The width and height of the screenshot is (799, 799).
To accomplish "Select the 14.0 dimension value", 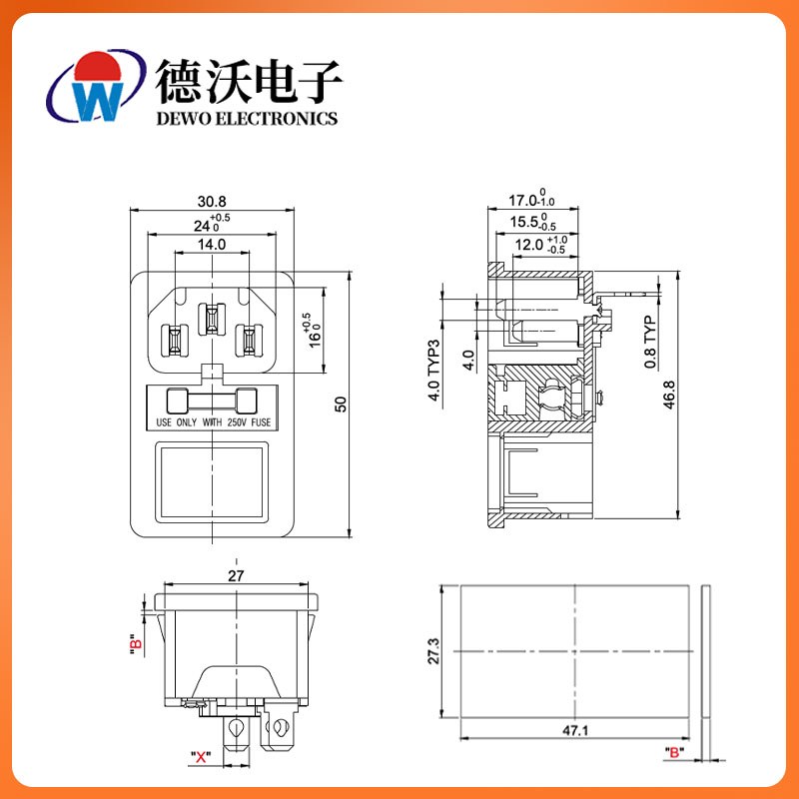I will pyautogui.click(x=211, y=244).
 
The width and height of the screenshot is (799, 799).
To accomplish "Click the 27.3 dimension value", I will pyautogui.click(x=431, y=651).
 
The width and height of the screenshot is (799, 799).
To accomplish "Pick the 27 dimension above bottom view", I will pyautogui.click(x=236, y=576).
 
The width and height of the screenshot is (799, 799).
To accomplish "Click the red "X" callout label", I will pyautogui.click(x=201, y=756).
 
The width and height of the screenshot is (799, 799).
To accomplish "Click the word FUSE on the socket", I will pyautogui.click(x=261, y=423).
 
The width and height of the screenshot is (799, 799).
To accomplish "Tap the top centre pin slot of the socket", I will pyautogui.click(x=211, y=319).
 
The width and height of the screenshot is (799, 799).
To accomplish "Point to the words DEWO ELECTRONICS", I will pyautogui.click(x=247, y=118).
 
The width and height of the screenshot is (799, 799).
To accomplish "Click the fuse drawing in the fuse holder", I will pyautogui.click(x=211, y=402).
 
